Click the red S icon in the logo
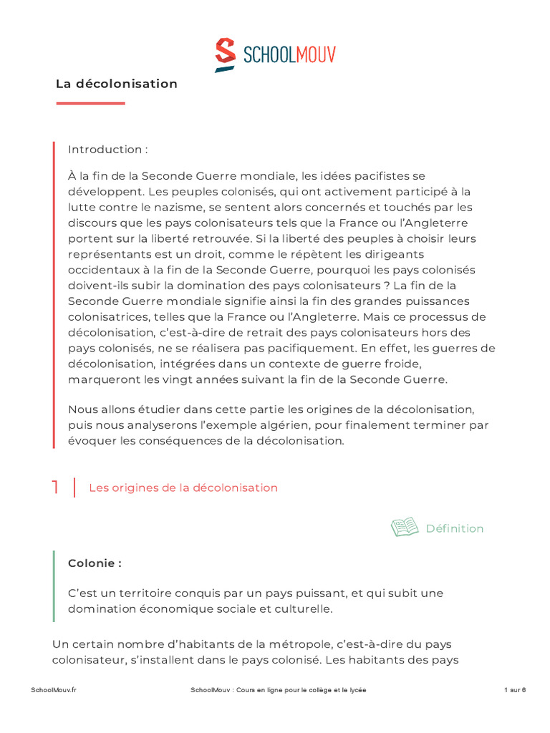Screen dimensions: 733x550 coord(226,54)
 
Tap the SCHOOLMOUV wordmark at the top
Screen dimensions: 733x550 coord(289,54)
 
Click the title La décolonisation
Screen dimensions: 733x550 coord(117,84)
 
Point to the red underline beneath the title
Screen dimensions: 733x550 coord(90,103)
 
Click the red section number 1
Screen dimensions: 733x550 coord(56,487)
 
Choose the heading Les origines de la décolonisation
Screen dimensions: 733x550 coord(183,487)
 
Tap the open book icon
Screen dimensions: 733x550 coord(405,528)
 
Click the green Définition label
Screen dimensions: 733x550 coord(455,528)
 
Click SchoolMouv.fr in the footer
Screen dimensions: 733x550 coord(54,690)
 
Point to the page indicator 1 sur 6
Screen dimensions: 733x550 coord(515,690)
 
